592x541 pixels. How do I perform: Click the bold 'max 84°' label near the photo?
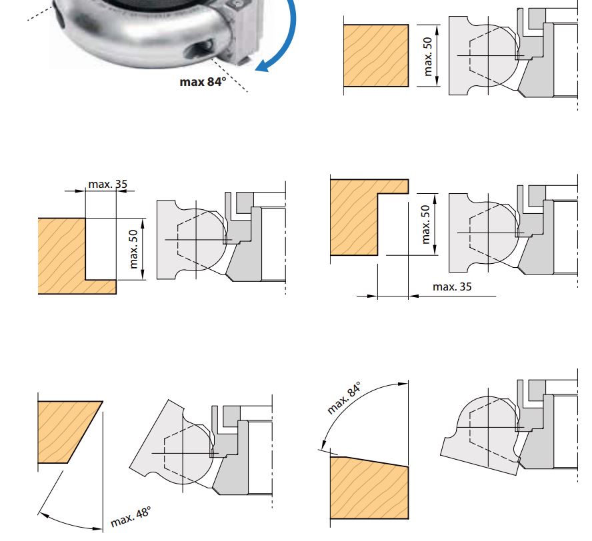click(203, 82)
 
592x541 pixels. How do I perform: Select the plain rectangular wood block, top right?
click(375, 55)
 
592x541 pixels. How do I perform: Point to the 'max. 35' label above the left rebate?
click(107, 183)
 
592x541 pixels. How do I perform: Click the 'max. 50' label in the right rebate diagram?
click(426, 224)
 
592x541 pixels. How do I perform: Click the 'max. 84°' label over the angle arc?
click(344, 398)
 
